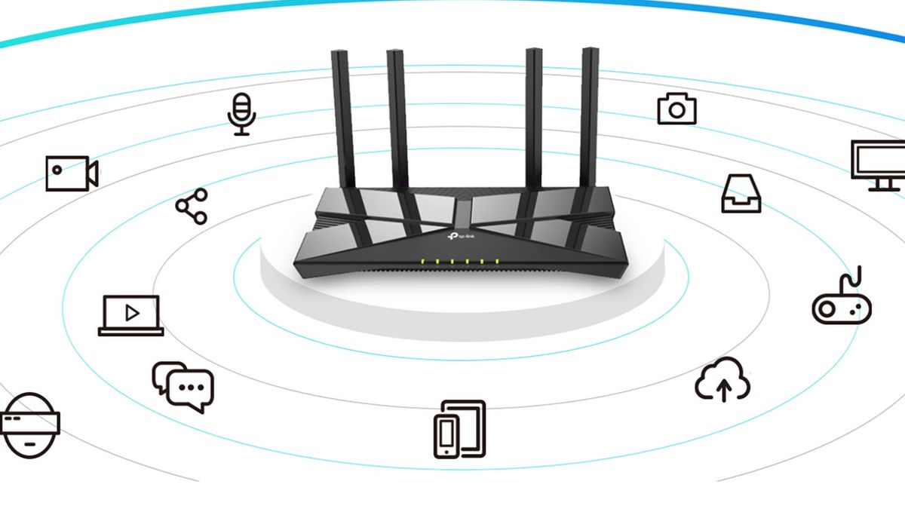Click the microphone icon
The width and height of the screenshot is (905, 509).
[241, 115]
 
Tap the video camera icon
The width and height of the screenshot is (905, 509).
[72, 173]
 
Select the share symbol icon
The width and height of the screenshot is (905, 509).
[192, 207]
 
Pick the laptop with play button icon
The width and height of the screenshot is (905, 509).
[131, 315]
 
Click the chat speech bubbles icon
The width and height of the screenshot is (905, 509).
[183, 387]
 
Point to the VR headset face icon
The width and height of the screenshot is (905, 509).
[29, 425]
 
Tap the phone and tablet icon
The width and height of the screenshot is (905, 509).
[460, 429]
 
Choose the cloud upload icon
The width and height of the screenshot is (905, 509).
[722, 379]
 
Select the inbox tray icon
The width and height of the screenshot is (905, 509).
[741, 194]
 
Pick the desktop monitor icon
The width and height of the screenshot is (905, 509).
[879, 166]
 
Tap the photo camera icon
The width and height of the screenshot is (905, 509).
[677, 109]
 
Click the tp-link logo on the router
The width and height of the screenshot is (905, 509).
[461, 236]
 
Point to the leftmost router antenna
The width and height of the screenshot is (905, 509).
[343, 119]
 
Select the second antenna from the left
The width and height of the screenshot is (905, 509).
[398, 120]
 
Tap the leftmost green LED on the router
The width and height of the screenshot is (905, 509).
[422, 261]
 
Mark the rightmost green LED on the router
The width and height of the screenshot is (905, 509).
[497, 262]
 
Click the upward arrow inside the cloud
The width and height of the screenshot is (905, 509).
[724, 391]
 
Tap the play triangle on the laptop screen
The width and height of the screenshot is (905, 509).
[132, 313]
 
